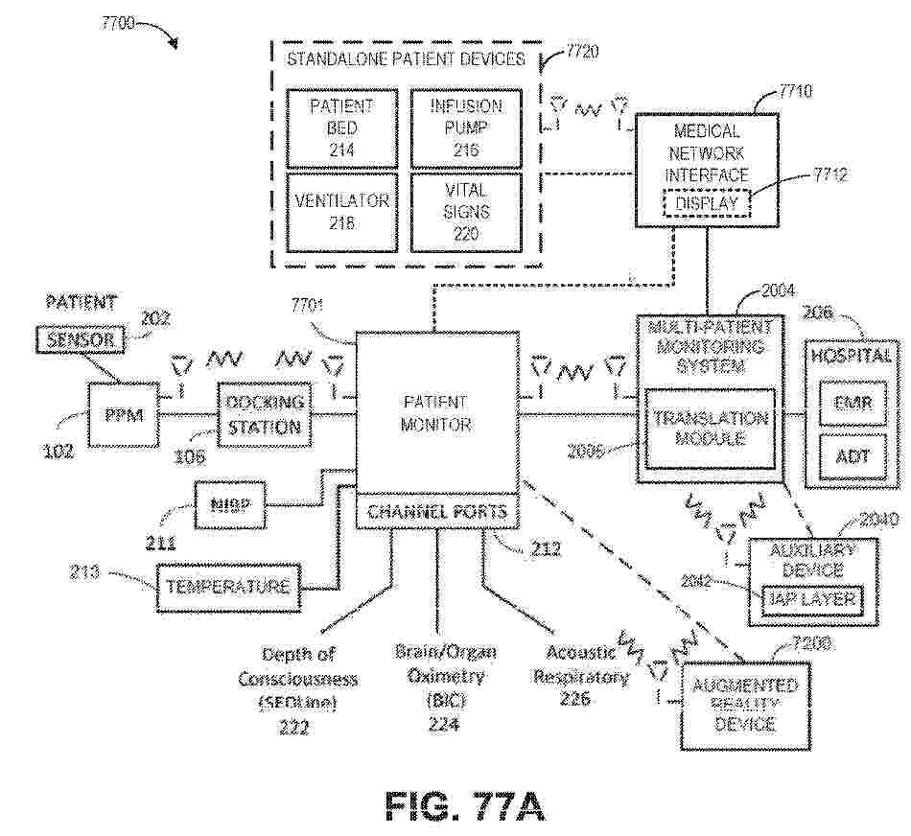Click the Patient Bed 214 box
tap(340, 127)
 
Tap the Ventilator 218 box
tap(340, 211)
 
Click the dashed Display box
tap(707, 203)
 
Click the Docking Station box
tap(265, 414)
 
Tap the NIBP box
tap(228, 503)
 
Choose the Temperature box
tap(227, 586)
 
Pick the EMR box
tap(853, 403)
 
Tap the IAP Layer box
tap(811, 599)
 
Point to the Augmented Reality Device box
tap(744, 705)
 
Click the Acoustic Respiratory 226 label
tap(580, 676)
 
